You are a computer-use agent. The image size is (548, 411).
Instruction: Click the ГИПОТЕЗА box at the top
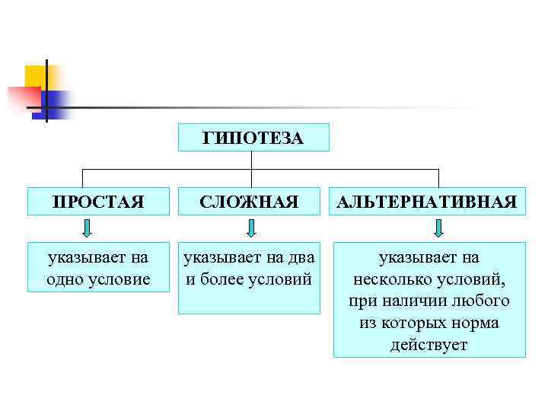pos(253,138)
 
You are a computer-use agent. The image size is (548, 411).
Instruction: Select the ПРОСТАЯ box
pos(97,202)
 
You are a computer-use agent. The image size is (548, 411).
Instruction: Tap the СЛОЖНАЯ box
pos(249,202)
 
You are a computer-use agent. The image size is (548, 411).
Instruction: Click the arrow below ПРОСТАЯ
pos(88,228)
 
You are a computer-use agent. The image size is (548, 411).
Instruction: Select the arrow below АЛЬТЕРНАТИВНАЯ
pos(438,228)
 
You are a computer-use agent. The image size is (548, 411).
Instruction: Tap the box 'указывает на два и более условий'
pos(249,278)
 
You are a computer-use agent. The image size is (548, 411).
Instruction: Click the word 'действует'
pos(429,345)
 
